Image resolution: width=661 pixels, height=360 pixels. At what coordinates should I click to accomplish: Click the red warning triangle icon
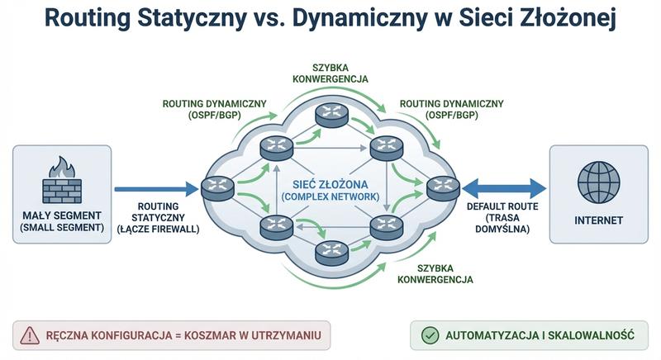31,334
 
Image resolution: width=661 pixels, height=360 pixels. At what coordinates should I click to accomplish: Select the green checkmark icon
430,334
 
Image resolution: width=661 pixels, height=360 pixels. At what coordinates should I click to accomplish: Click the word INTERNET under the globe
598,220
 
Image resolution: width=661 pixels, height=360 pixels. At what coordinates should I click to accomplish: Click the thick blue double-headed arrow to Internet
504,188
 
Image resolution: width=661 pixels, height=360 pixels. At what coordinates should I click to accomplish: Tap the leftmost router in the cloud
218,189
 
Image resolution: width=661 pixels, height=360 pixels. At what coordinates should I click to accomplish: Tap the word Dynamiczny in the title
371,21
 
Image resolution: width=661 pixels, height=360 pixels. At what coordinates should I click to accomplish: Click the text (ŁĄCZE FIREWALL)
157,229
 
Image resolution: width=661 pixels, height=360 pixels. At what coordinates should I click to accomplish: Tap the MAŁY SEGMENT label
63,216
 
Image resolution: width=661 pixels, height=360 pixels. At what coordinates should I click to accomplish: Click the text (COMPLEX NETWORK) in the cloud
330,197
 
